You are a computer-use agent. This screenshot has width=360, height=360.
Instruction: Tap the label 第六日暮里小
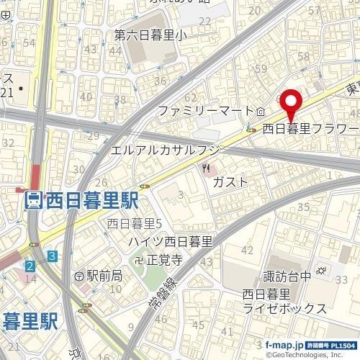[149, 34]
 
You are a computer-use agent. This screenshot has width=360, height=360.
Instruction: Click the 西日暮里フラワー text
[310, 130]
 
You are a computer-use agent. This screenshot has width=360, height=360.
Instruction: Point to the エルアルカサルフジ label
[165, 149]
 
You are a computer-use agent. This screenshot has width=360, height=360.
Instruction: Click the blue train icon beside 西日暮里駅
[32, 199]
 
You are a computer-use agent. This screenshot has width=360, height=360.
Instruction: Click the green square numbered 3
[53, 256]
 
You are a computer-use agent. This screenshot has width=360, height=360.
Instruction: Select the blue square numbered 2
[29, 266]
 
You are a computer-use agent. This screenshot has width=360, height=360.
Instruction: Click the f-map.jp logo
[283, 346]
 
